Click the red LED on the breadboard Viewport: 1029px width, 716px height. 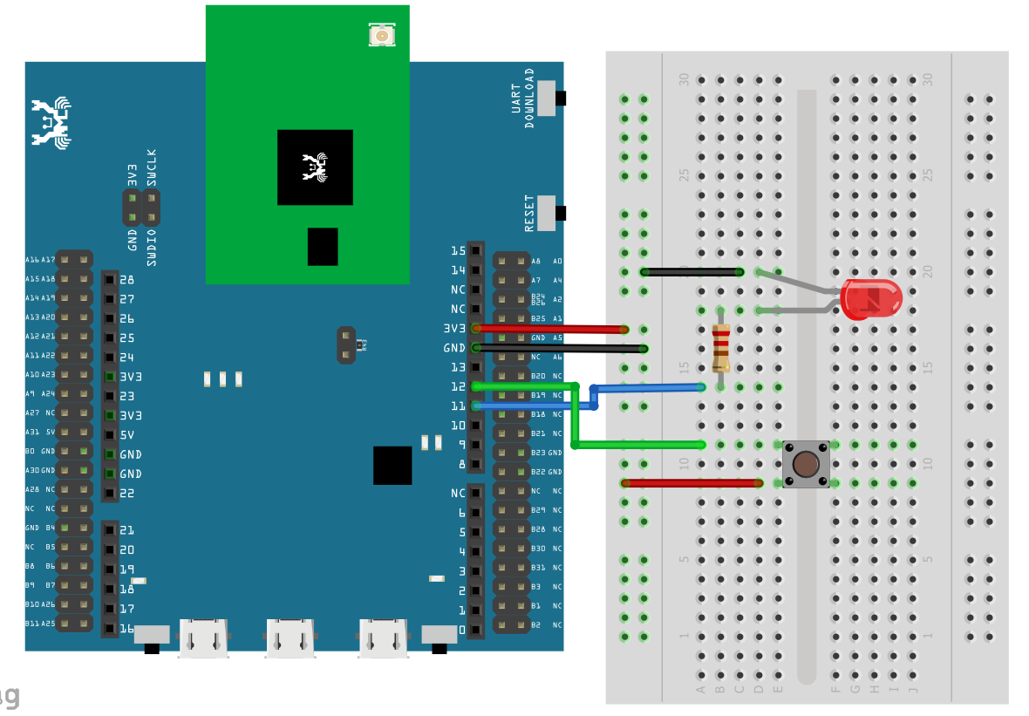click(870, 299)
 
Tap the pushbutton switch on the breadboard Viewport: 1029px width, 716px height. click(806, 464)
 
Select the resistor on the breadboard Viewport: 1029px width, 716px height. click(720, 348)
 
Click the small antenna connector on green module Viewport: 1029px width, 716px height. click(381, 36)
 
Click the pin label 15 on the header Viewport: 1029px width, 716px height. click(458, 251)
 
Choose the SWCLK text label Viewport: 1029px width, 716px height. click(153, 167)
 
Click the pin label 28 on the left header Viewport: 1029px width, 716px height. click(126, 280)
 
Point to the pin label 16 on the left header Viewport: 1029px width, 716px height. click(126, 628)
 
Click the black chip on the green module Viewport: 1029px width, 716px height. click(315, 167)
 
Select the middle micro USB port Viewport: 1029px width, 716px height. click(290, 638)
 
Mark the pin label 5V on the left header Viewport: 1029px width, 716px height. click(126, 434)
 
